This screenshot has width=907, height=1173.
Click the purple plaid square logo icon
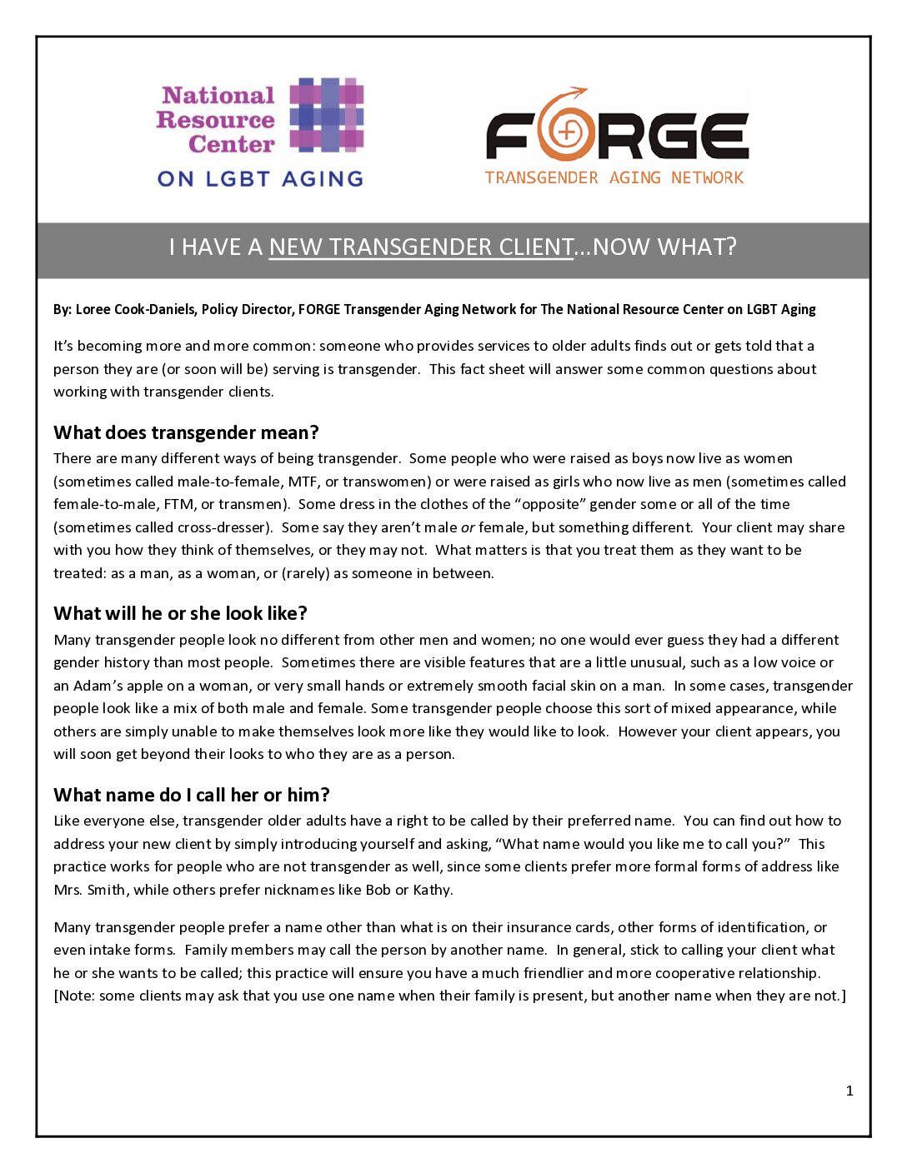(x=327, y=115)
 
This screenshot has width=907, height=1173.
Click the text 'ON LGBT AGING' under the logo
(x=260, y=179)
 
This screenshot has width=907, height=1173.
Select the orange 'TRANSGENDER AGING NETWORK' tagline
(x=614, y=177)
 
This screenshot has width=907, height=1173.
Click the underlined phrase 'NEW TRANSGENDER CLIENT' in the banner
(x=421, y=247)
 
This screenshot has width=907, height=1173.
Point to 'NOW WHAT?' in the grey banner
(x=664, y=247)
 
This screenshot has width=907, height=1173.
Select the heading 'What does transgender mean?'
(x=186, y=432)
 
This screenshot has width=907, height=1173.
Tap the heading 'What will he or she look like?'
(x=180, y=613)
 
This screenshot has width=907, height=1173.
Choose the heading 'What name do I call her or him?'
(x=192, y=795)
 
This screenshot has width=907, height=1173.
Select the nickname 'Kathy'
(x=432, y=890)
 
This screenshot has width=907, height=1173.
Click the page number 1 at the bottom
(x=849, y=1091)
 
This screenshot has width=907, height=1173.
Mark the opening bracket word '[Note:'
(x=74, y=996)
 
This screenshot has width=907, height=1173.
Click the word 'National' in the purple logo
(x=218, y=96)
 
